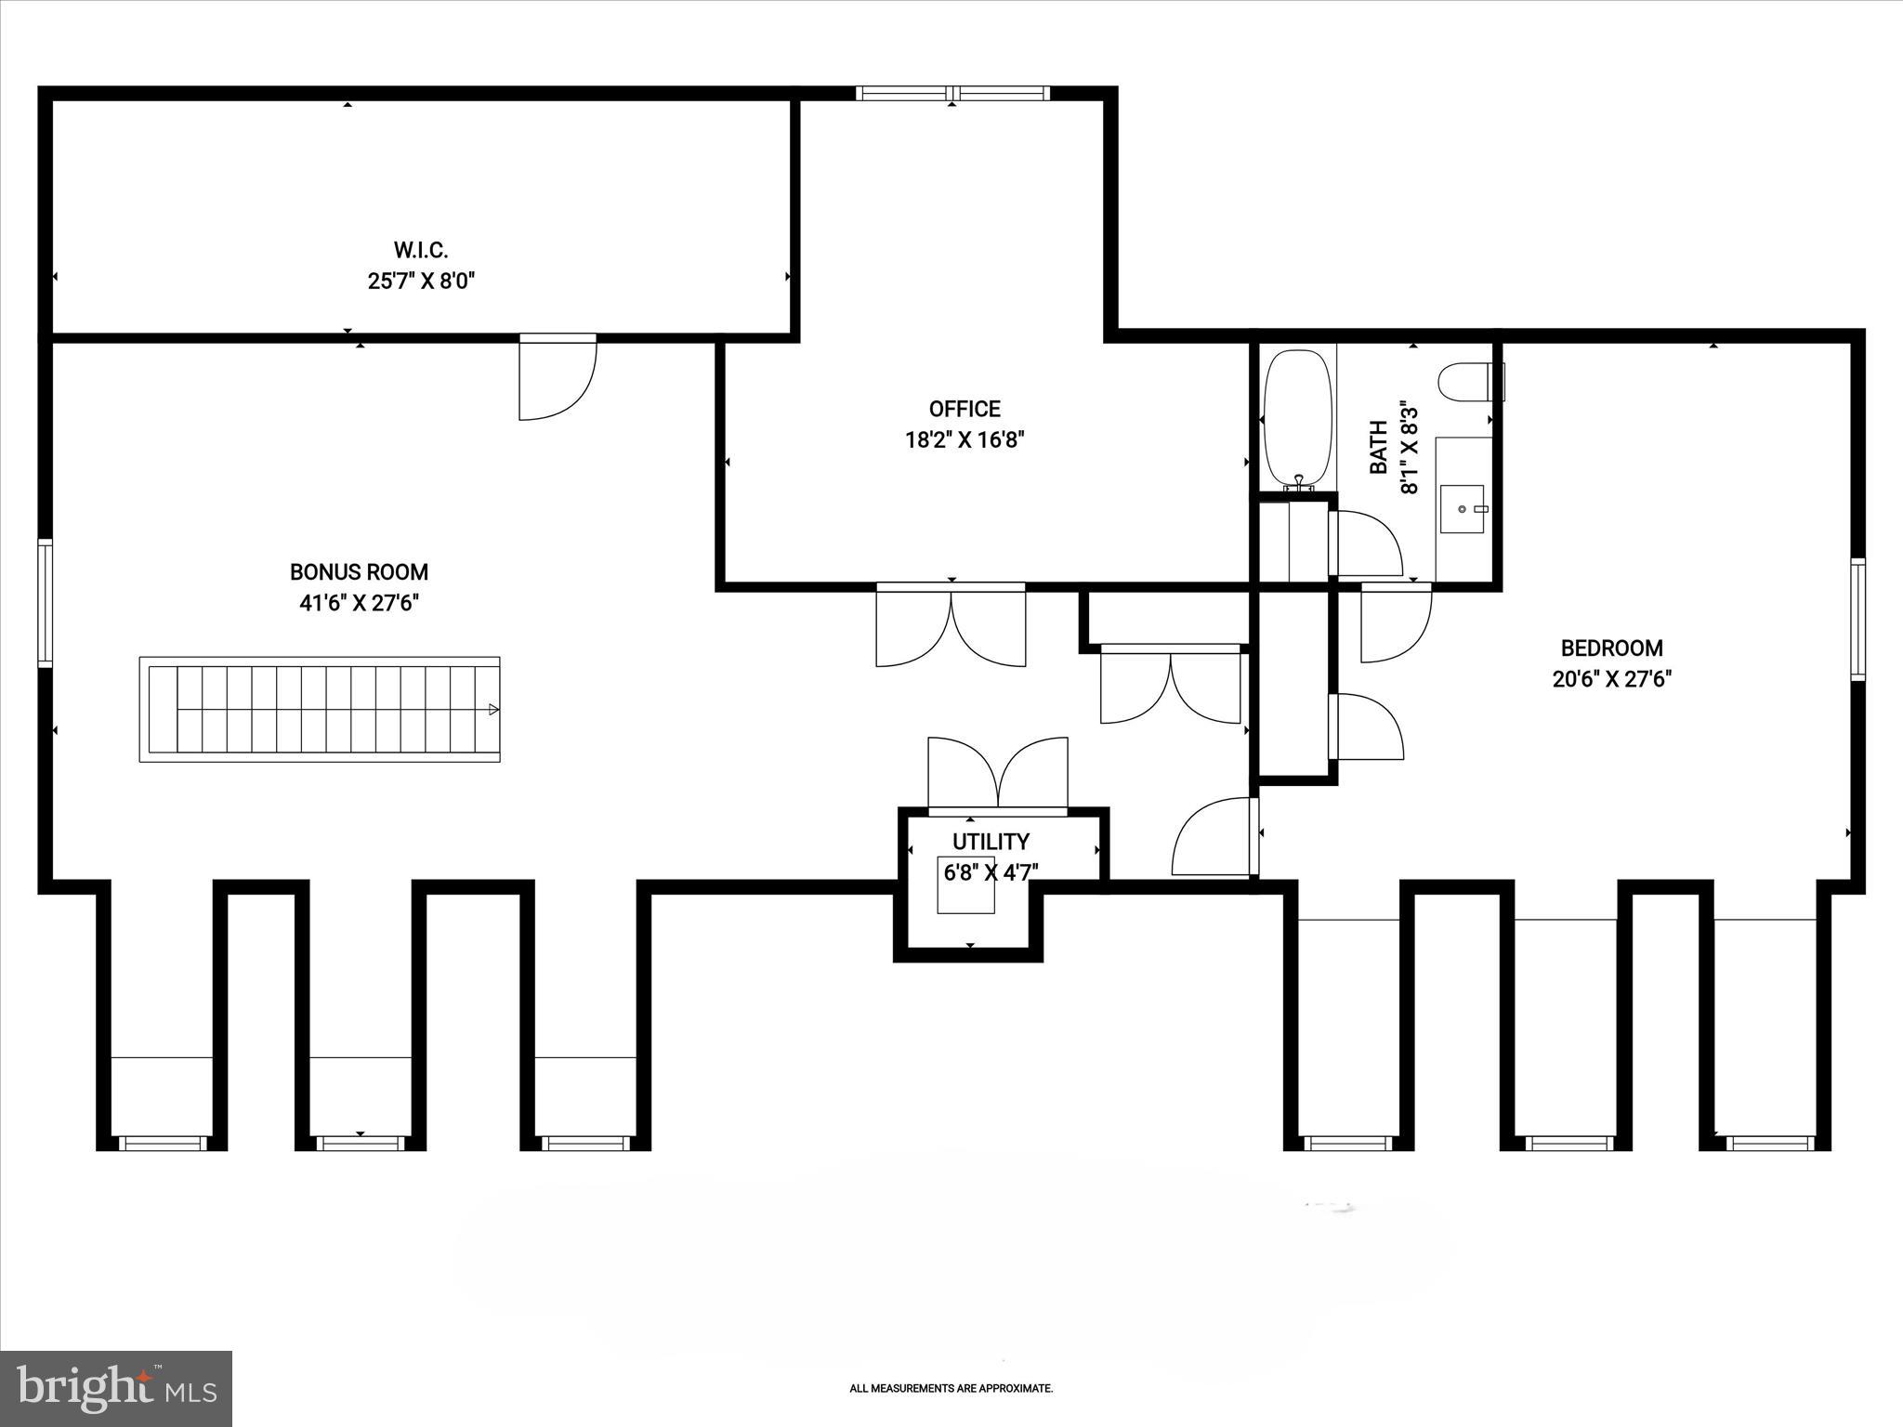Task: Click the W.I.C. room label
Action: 421,250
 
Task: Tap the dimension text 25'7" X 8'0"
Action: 421,281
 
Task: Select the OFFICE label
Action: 965,409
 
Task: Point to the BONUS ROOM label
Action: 359,572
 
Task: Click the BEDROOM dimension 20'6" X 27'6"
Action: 1612,679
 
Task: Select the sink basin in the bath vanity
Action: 1462,509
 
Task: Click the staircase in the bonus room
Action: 320,710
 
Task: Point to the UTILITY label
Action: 991,842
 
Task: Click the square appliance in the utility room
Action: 965,885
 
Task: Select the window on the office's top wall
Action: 952,93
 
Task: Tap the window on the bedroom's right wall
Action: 1857,619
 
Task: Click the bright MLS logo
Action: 115,1389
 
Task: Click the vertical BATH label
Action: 1379,447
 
